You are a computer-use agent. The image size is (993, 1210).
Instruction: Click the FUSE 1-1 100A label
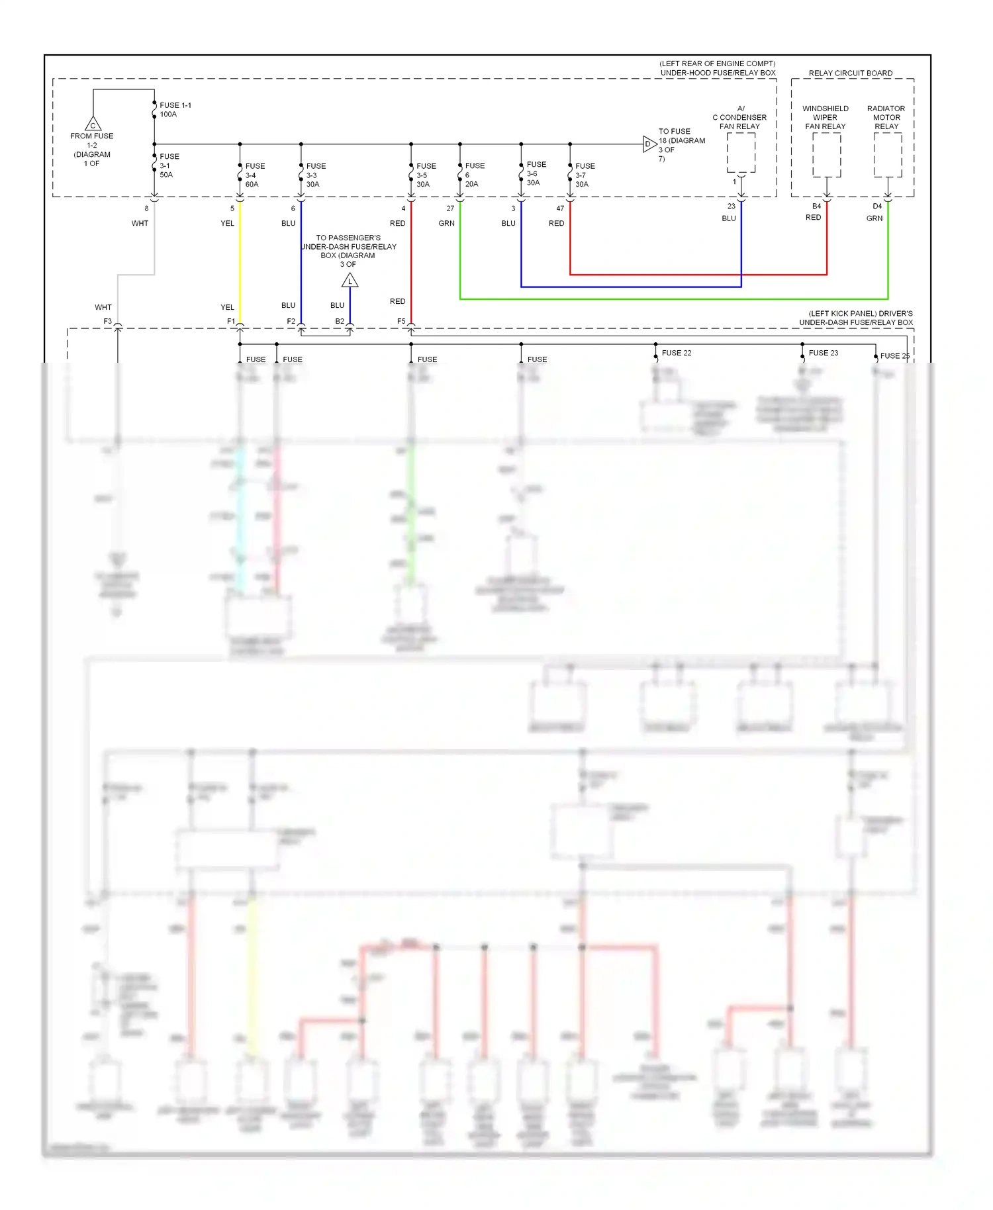tap(175, 110)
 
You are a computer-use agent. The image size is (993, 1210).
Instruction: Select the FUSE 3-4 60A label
tap(254, 175)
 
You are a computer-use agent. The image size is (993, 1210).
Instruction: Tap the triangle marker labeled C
tap(93, 124)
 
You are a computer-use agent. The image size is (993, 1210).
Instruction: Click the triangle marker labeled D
tap(649, 144)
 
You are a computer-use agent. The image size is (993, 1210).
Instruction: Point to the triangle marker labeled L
tap(350, 281)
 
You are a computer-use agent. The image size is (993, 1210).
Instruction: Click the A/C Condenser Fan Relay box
tap(741, 153)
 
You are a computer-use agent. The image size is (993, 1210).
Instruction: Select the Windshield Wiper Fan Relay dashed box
tap(826, 155)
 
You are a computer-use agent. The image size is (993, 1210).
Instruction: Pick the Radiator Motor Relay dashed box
tap(887, 155)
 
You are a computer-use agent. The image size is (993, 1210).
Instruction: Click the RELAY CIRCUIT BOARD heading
tap(850, 73)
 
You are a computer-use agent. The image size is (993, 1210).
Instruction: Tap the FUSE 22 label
tap(676, 353)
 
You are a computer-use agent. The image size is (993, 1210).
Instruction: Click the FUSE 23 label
tap(823, 353)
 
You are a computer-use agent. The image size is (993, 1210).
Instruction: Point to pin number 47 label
tap(560, 209)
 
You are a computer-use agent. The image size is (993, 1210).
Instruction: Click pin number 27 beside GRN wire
tap(450, 209)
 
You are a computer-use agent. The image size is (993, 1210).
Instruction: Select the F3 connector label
tap(107, 321)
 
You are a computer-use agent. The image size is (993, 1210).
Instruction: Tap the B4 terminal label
tap(816, 206)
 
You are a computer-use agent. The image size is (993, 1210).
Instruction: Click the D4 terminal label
tap(877, 206)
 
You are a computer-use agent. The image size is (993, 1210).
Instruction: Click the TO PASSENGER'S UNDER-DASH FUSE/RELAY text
tap(348, 242)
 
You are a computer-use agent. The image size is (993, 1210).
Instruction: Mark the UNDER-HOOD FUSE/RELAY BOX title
tap(718, 73)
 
